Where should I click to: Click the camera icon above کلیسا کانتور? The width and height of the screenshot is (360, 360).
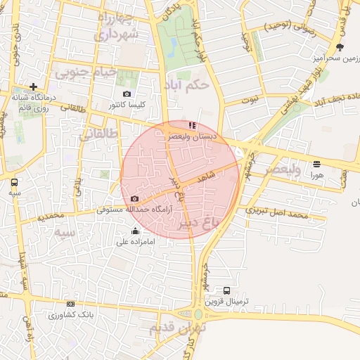(127, 94)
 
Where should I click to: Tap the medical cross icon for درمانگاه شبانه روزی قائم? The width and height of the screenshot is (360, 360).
(33, 86)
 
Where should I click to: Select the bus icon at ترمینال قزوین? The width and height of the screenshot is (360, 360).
(226, 290)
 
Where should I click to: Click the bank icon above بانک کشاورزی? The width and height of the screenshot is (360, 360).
(70, 304)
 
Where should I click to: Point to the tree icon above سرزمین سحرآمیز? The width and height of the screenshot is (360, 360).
(340, 47)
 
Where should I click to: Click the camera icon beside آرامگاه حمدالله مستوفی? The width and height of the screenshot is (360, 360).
(134, 199)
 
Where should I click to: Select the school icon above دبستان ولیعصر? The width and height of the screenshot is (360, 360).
(193, 125)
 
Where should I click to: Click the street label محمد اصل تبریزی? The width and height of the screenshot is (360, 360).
(278, 212)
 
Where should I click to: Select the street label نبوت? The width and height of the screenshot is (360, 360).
(249, 101)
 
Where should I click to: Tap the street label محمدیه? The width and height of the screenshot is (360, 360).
(51, 216)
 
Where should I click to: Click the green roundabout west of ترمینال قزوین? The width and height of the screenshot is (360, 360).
(199, 314)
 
